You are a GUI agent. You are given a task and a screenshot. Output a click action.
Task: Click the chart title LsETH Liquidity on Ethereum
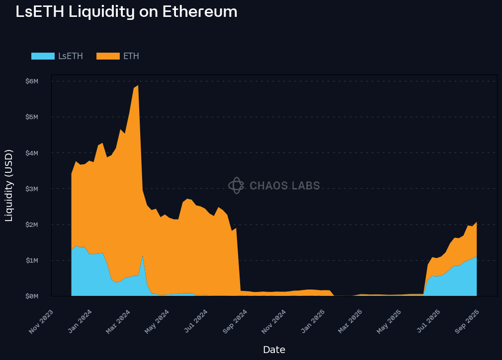126,12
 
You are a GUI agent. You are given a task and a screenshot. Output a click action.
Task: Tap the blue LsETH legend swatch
43,56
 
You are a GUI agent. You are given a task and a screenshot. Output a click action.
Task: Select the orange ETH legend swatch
108,56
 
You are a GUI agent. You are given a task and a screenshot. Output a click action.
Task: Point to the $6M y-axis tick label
31,81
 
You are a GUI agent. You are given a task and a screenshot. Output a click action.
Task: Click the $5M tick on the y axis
31,117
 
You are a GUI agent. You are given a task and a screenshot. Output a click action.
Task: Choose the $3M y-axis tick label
31,189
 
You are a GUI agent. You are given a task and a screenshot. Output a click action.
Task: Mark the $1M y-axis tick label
31,260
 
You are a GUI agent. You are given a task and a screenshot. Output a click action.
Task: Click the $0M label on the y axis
31,296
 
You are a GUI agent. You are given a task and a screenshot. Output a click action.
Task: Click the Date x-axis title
274,350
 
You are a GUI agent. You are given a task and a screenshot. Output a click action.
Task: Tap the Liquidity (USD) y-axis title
9,185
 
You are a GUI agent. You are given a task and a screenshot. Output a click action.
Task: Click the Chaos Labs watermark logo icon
236,186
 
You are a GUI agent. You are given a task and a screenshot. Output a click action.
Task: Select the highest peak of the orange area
138,85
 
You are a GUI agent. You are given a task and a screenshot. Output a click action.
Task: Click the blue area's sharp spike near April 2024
143,256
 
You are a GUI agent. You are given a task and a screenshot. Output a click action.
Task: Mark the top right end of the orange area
476,222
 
